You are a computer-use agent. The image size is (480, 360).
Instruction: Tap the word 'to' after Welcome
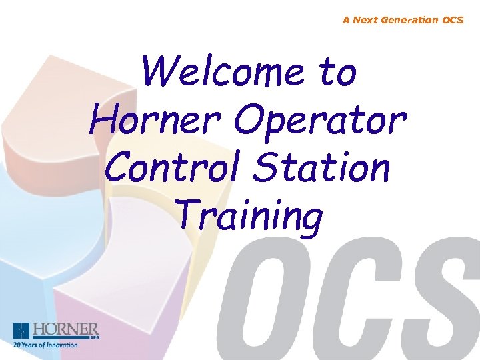(337, 73)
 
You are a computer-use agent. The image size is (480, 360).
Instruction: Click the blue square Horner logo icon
(21, 331)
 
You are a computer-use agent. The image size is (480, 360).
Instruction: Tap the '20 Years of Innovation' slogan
(45, 345)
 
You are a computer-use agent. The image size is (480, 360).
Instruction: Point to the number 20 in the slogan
(17, 345)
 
